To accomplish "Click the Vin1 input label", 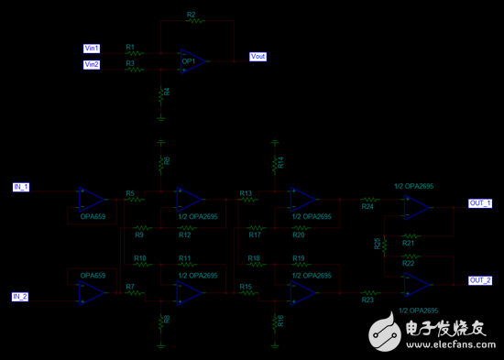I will [92, 48].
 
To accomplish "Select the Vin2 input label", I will [92, 65].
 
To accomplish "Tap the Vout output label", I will [258, 57].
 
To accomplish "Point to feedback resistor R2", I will [191, 23].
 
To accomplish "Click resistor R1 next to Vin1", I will [136, 53].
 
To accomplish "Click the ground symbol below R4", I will [161, 115].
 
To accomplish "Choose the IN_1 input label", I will [21, 187].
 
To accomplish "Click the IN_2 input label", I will [21, 297].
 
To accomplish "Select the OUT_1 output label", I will [480, 202].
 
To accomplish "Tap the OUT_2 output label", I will [480, 280].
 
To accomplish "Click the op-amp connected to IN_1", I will [92, 199].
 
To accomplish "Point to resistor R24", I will [368, 199].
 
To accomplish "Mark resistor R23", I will [368, 292].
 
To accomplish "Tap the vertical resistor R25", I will [383, 243].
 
